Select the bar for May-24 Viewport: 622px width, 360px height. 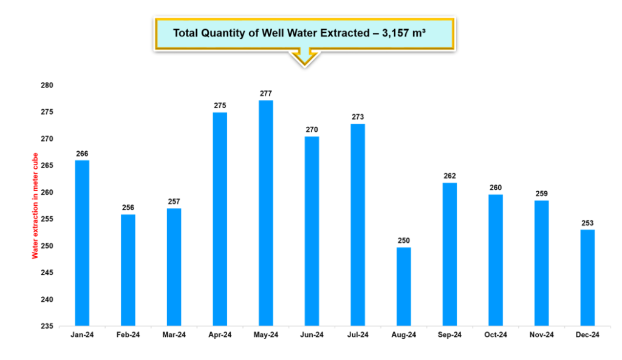coord(265,212)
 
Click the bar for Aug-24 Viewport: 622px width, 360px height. coord(403,286)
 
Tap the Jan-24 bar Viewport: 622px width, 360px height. coord(82,243)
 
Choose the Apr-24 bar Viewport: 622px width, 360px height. coord(220,219)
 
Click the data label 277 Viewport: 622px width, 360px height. coord(265,93)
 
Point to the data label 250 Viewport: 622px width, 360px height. coord(403,240)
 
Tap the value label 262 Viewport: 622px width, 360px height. coord(449,176)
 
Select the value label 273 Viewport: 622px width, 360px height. coord(358,117)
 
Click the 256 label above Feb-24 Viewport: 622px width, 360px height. coord(128,208)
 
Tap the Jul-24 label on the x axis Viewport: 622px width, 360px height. coord(358,335)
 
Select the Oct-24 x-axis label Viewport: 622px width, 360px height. coord(496,335)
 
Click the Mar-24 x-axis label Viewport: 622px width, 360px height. coord(174,335)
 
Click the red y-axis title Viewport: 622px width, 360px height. coord(35,206)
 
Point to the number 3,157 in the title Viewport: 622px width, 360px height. coord(398,33)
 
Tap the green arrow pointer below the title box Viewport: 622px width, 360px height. coord(304,58)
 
